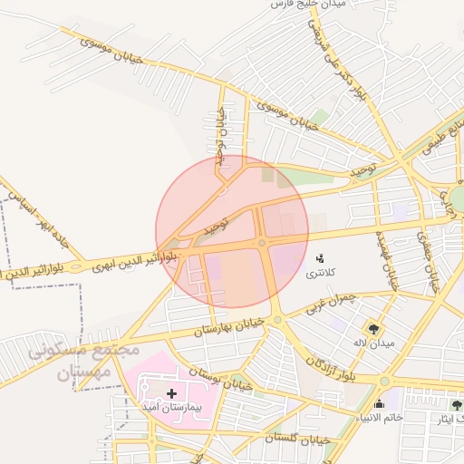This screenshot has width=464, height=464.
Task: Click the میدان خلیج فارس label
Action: (313, 5)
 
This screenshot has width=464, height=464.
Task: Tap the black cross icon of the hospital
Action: (171, 394)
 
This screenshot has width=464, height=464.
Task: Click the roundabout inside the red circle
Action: (261, 242)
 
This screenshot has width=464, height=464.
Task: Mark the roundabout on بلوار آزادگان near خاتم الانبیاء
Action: (385, 382)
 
